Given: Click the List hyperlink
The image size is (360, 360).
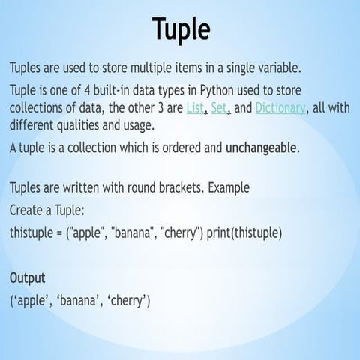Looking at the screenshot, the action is tap(195, 108).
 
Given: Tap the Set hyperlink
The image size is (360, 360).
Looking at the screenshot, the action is tap(219, 108).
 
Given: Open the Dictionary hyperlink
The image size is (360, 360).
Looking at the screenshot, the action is tap(280, 109).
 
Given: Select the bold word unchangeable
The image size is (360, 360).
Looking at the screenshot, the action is tap(261, 148).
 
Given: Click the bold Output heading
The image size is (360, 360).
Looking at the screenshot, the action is tap(28, 278).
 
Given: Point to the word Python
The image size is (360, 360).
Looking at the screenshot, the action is tap(217, 91).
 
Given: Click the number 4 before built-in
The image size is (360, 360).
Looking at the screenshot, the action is tap(87, 90).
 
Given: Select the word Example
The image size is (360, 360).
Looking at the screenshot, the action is tap(229, 188).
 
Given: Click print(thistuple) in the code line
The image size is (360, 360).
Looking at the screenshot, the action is tap(244, 233).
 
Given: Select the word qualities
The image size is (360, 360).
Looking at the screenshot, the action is tap(78, 125).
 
